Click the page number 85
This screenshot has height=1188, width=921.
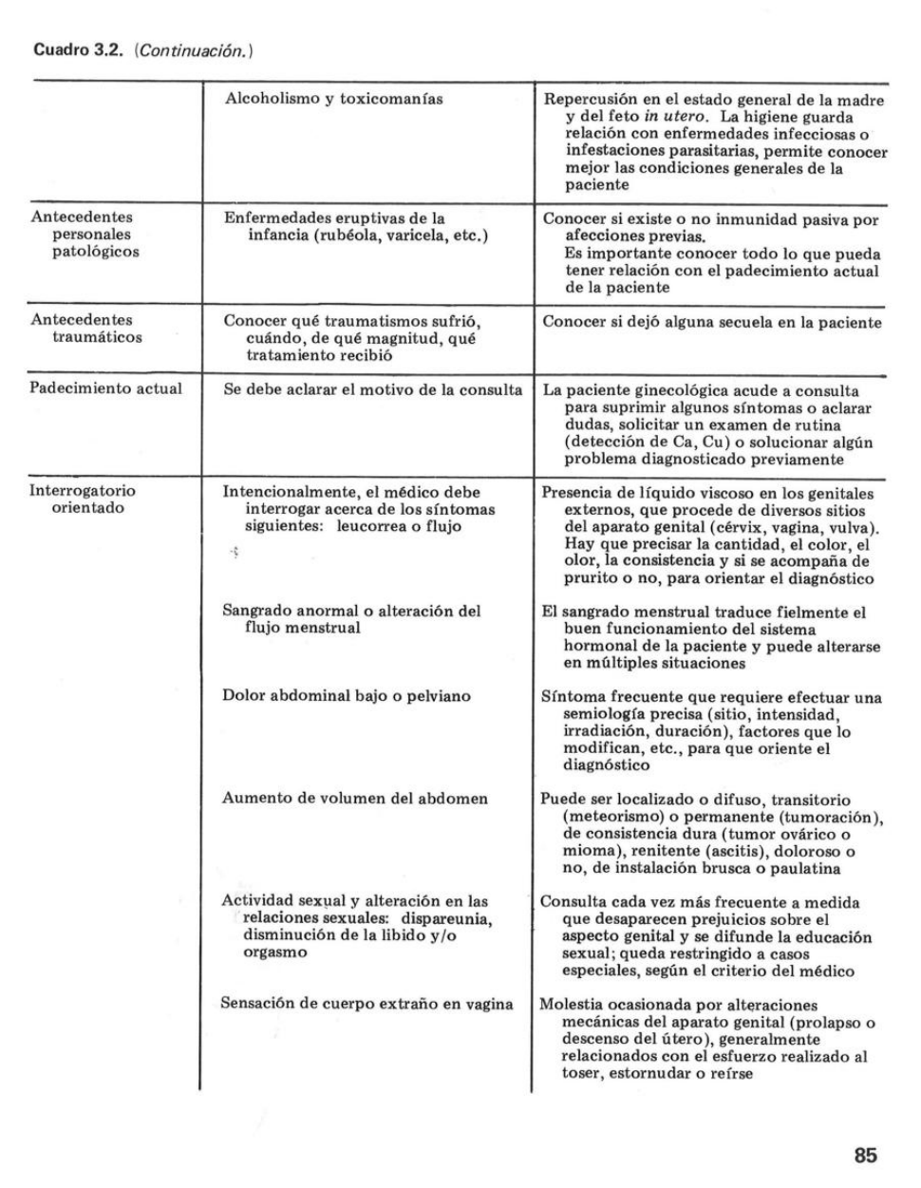coord(865,1155)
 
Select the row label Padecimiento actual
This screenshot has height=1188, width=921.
coord(105,388)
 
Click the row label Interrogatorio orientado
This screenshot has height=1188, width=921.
coord(84,500)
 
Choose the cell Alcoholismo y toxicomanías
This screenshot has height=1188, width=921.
coord(333,98)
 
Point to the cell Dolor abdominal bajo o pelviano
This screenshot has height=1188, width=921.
coord(346,696)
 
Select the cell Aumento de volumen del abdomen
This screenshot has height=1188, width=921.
coord(354,798)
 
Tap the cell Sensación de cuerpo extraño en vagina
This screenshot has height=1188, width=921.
coord(367,1004)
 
